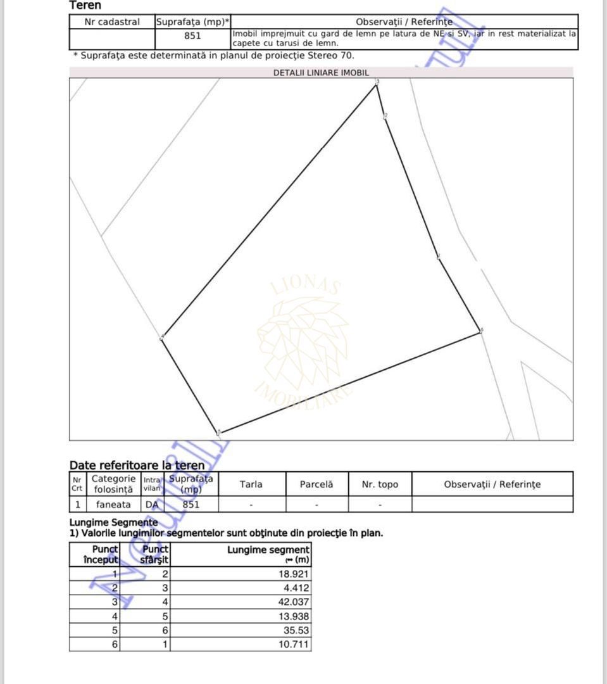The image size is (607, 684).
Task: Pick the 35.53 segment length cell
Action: pos(296,630)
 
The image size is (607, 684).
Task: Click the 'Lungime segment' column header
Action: pos(268,555)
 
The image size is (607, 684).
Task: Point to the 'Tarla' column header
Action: pos(251,484)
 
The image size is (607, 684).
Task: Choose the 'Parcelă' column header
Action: pos(316,484)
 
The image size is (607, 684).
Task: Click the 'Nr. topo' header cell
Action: pos(380,484)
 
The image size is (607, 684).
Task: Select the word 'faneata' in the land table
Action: pos(113,505)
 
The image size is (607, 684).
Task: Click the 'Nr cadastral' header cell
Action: pos(112,22)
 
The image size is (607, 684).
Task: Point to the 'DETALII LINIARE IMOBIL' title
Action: pos(321,73)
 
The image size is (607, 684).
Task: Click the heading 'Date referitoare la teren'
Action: pos(137,465)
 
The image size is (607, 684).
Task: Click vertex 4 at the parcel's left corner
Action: pos(163,338)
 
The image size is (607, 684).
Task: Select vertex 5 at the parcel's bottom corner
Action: pos(219,433)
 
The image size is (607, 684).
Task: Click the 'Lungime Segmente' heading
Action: pos(113,522)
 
